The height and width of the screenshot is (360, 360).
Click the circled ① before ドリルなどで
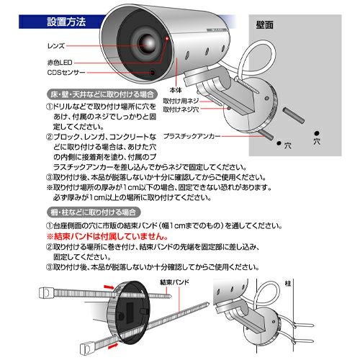coord(40,107)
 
